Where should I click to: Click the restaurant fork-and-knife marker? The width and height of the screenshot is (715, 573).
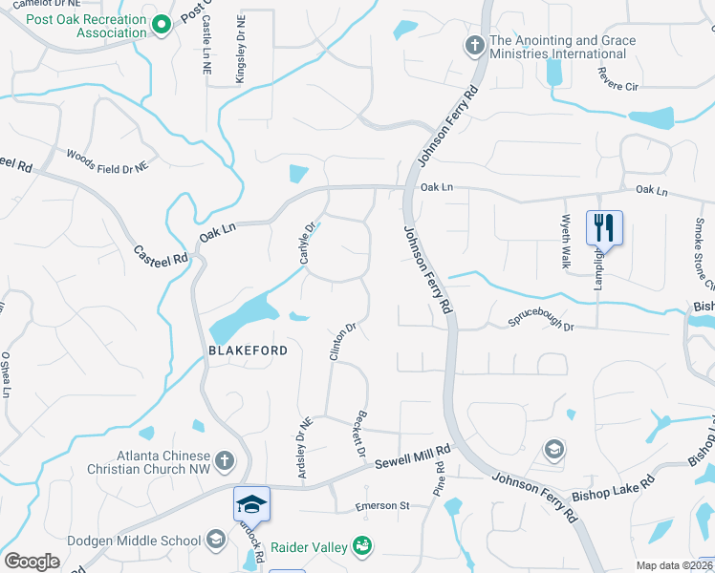pos(604,227)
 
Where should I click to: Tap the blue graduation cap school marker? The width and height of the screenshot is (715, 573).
pos(252,503)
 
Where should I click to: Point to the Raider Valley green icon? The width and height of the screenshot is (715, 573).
pos(362,546)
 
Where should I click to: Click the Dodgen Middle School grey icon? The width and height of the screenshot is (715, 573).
pos(216,541)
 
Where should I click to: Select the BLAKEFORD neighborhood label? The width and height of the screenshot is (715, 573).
pos(248,350)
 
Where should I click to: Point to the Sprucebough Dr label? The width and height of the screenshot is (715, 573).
pos(540,326)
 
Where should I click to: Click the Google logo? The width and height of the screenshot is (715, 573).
pos(32,562)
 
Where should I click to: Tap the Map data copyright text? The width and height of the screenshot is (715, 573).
pos(673,565)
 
